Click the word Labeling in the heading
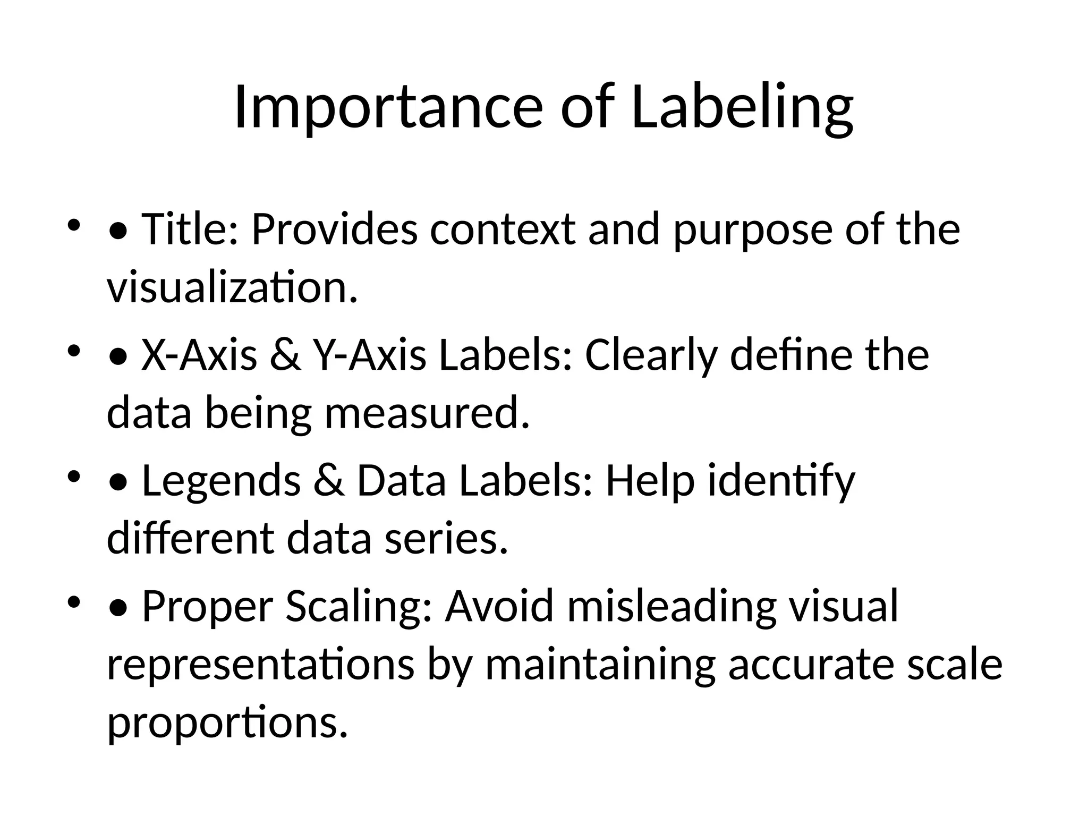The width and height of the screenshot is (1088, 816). [x=742, y=108]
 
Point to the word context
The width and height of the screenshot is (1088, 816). [x=503, y=229]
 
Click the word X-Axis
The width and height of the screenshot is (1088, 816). [x=199, y=355]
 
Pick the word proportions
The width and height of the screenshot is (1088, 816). [x=227, y=724]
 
